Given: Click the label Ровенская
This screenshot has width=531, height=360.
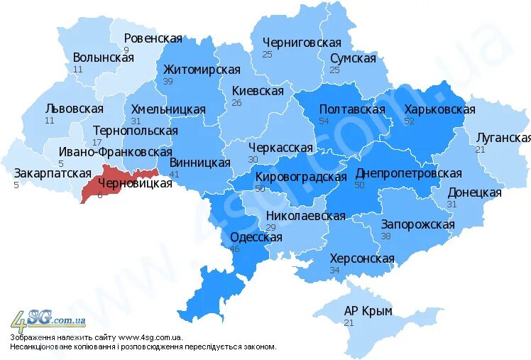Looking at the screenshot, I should tap(153, 38).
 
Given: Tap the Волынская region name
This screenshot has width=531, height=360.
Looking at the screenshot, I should tap(103, 58).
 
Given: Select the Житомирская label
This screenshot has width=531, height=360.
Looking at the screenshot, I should tap(202, 70).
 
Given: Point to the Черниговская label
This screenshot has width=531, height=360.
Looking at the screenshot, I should tap(302, 43).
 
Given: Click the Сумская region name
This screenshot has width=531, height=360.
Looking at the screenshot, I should tap(353, 58).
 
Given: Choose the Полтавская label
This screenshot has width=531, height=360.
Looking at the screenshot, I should tap(352, 109).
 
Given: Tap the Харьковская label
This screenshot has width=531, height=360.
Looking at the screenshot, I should tap(439, 109).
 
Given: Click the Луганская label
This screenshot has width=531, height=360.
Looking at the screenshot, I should tap(503, 138).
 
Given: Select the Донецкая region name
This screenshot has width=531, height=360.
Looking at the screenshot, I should tap(474, 192).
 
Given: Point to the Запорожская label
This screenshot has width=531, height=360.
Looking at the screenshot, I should tap(417, 224).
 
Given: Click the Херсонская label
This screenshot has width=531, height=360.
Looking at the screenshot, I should tap(361, 258).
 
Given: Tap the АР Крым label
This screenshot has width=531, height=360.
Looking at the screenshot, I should tap(368, 311).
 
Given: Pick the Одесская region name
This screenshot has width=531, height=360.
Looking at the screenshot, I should tap(256, 237).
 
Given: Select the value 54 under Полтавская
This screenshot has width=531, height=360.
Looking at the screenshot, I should tap(324, 121).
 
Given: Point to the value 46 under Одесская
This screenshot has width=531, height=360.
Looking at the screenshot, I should tap(234, 249).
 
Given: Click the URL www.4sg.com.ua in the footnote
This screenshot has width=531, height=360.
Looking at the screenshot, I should tap(150, 337).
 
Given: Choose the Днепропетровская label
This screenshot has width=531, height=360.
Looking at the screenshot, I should tap(408, 173).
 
